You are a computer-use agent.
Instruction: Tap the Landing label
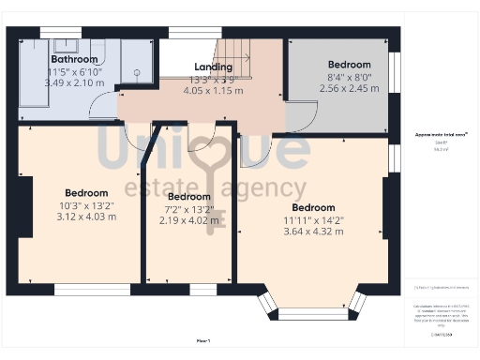pyautogui.click(x=213, y=67)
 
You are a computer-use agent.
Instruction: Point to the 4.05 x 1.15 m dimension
pyautogui.click(x=213, y=91)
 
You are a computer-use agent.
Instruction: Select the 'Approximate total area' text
pyautogui.click(x=442, y=135)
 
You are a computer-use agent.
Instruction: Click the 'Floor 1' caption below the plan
pyautogui.click(x=203, y=339)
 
